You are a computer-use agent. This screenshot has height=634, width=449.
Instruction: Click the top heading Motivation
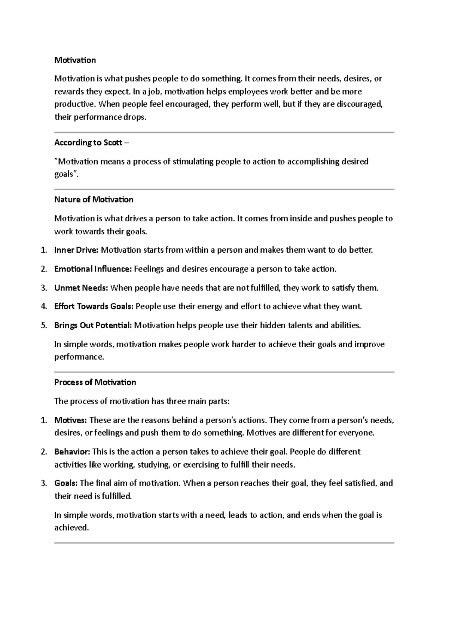coord(75,60)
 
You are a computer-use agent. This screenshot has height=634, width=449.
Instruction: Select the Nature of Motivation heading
coord(94,200)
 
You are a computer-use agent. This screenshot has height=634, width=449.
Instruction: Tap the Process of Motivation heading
coord(95,382)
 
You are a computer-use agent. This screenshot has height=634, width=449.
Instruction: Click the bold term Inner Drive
coord(76,250)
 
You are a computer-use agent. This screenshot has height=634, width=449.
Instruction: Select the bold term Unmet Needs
coord(81,288)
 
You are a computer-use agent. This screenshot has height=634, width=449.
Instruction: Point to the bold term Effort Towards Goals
coord(94,307)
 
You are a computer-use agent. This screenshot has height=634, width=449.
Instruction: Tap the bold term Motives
coord(70,420)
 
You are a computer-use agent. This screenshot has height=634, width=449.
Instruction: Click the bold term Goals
coord(66,483)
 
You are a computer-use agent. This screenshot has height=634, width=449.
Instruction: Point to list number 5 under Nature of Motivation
coord(44,325)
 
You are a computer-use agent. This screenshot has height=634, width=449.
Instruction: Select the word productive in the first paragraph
coord(73,104)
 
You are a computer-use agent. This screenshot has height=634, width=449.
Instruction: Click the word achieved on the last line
coord(71,528)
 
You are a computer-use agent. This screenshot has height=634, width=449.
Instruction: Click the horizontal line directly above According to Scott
coord(224,132)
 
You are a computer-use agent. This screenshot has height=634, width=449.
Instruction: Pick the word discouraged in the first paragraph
coord(359,104)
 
